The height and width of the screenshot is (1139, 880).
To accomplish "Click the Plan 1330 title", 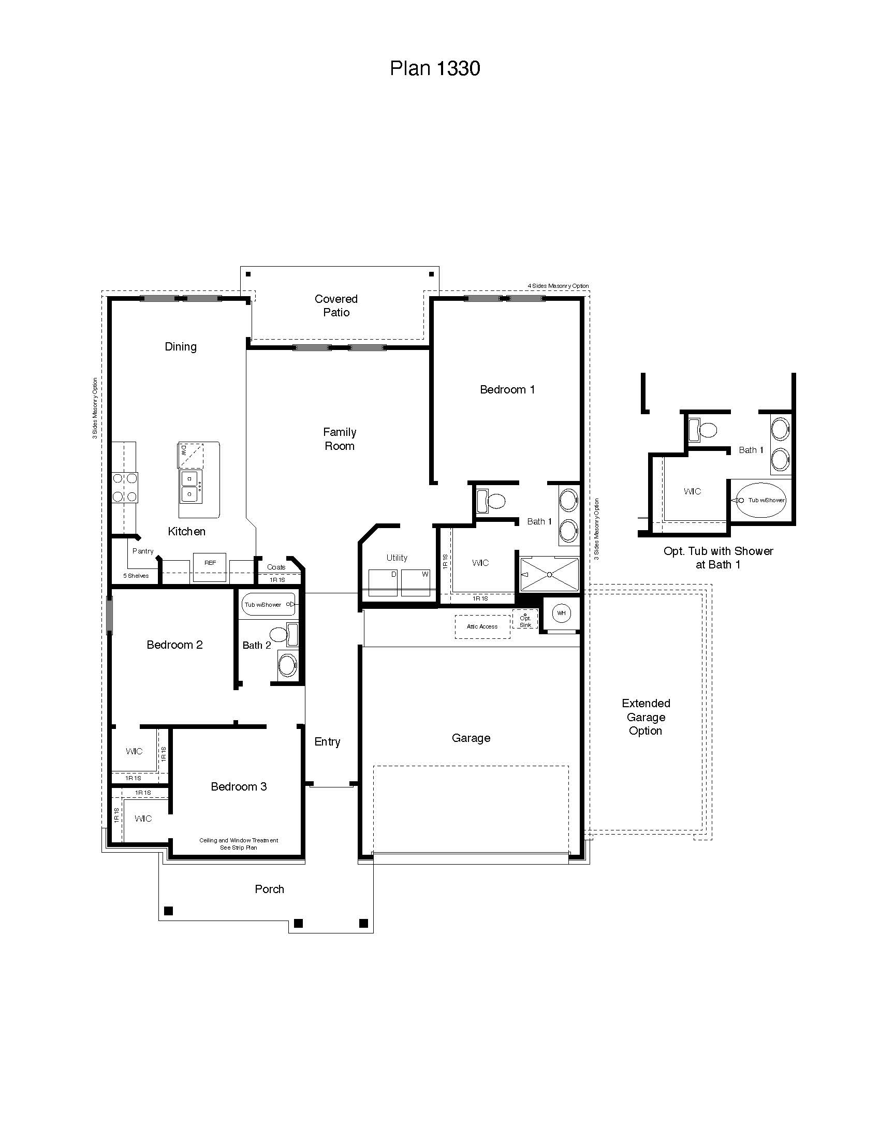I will point(435,68).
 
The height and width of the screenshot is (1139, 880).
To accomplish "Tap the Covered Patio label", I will point(336,305).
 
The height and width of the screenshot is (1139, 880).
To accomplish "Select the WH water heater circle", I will point(561,614).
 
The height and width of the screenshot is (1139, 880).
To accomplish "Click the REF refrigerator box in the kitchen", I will point(210,567).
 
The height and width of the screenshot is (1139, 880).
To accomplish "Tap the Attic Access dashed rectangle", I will point(482,627).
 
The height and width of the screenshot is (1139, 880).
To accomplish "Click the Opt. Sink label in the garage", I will point(525,621).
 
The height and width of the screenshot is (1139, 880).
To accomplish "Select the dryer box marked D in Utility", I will point(383,582).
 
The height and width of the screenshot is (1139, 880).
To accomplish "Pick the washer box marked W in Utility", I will point(416,582).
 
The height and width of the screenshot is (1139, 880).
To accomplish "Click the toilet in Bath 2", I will point(282,634).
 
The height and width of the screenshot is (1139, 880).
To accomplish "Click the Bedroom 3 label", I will point(239,786).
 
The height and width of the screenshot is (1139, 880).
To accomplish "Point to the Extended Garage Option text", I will point(646,717).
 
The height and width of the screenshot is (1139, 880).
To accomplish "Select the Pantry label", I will point(143,551).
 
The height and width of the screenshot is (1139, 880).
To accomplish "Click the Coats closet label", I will point(276,567).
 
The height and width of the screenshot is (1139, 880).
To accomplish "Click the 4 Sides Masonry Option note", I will point(558,286).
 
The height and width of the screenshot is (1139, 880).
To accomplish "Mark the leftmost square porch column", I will point(168,911).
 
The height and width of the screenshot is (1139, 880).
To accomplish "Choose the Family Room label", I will point(340,439).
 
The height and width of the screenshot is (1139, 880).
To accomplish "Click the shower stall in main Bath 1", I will point(549,574).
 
